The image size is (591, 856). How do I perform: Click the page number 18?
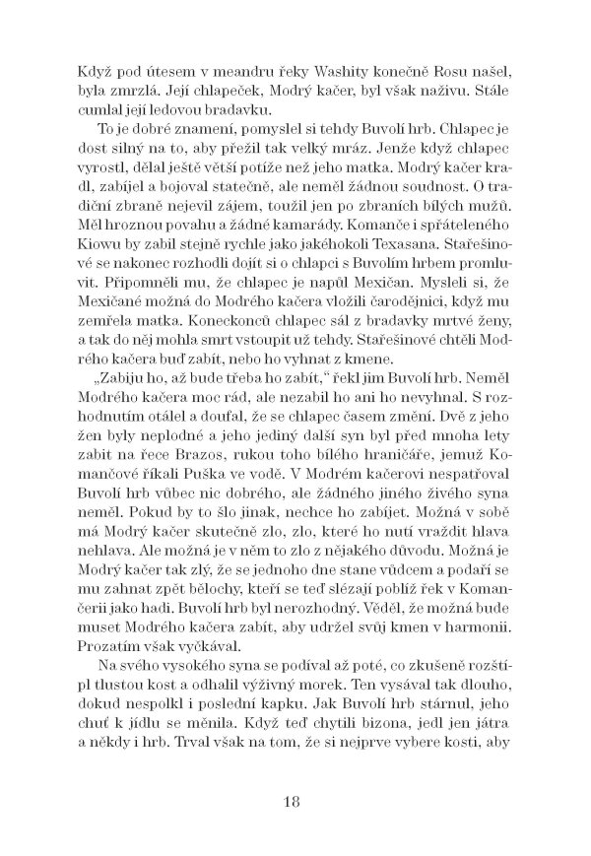point(295,799)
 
